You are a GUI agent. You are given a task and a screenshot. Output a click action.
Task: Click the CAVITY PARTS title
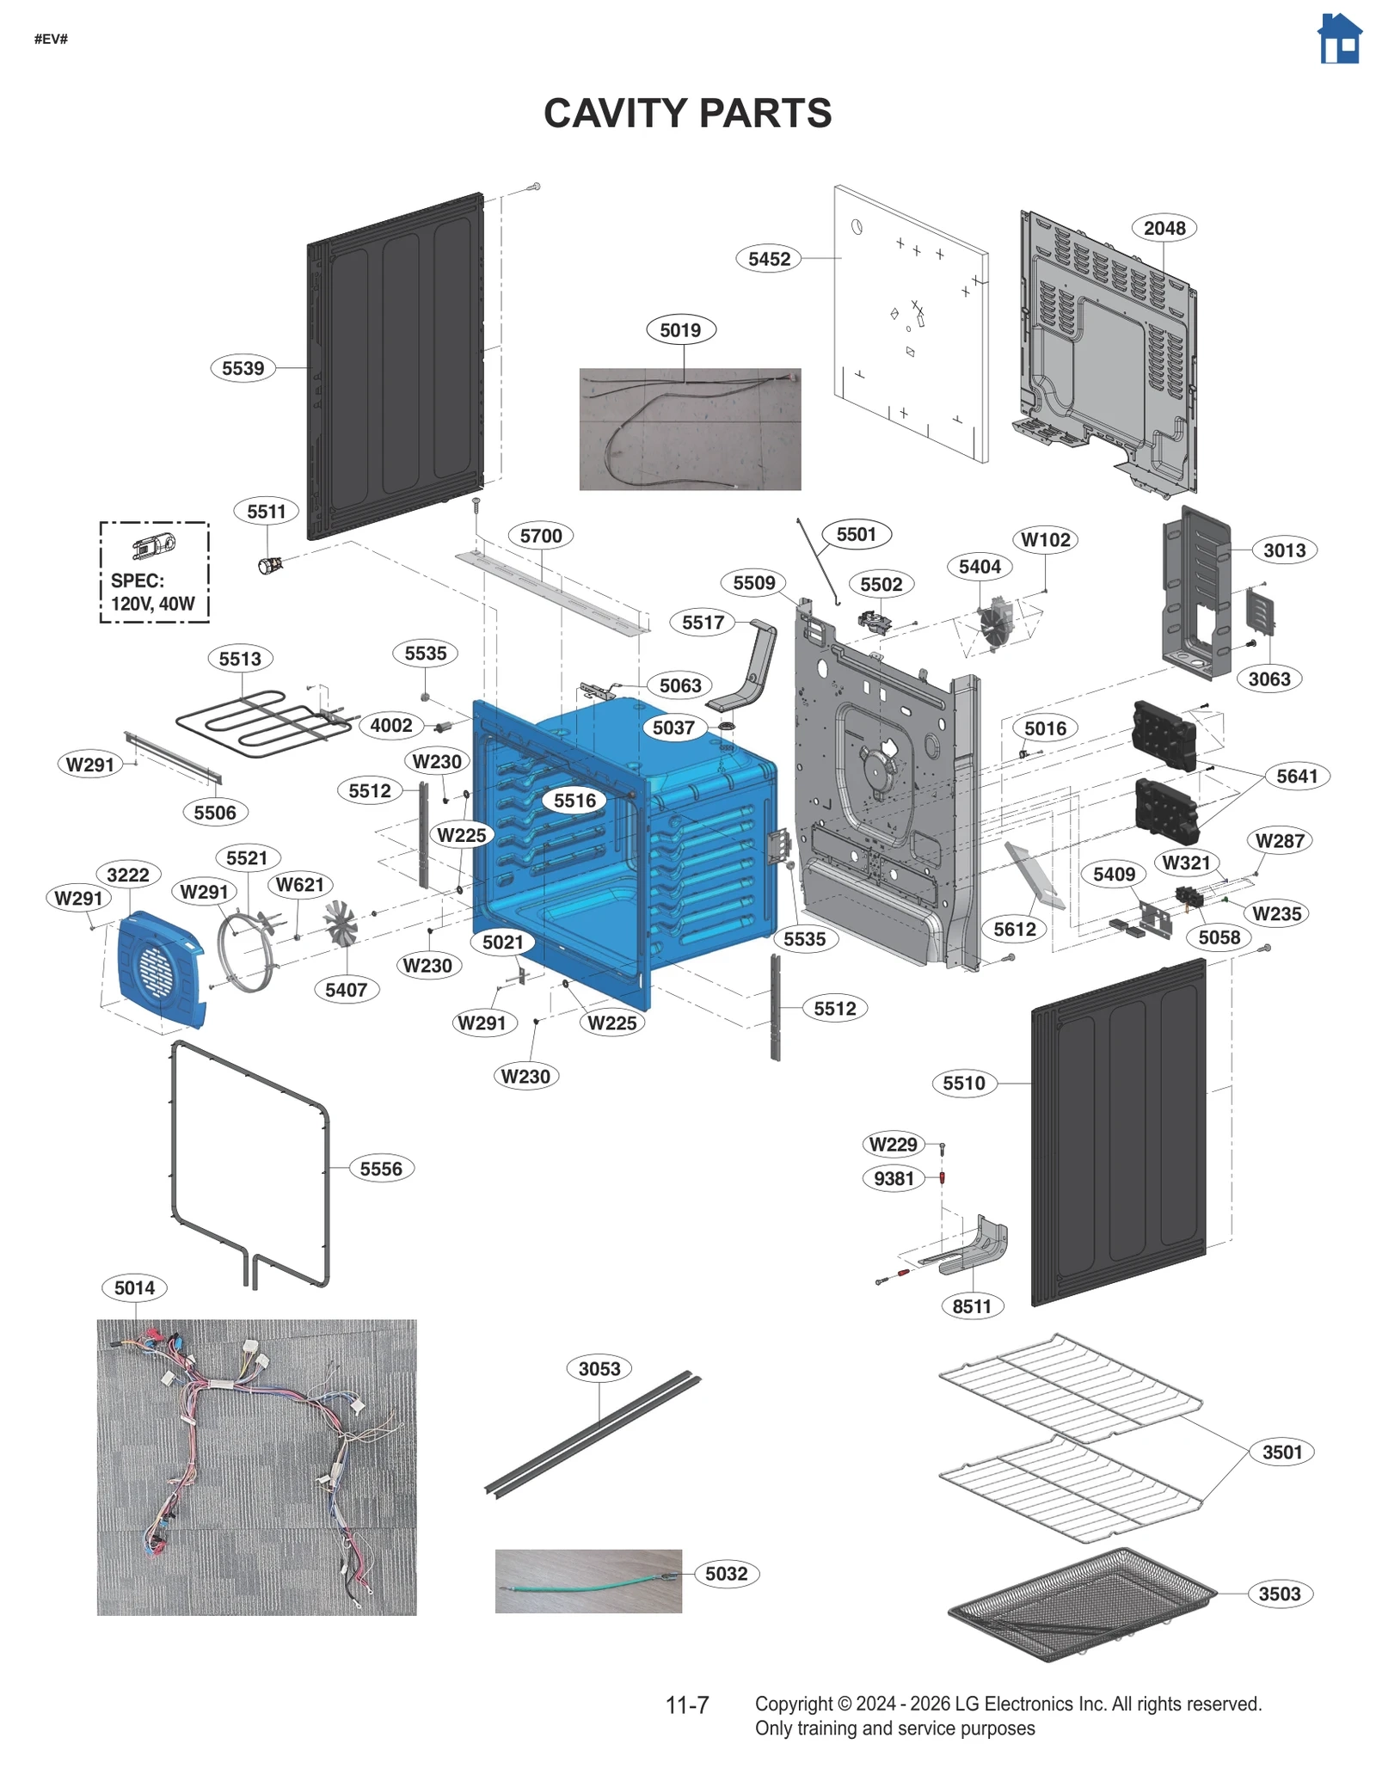(687, 114)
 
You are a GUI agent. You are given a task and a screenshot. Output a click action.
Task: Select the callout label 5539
(243, 368)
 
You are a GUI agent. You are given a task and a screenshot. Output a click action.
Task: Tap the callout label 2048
(1164, 228)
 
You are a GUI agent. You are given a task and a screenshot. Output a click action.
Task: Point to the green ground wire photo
(588, 1581)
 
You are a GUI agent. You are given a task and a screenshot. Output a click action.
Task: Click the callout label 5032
(726, 1574)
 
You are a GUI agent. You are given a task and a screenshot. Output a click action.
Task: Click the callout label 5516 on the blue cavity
(574, 801)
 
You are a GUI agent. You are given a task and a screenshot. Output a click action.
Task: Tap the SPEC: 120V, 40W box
(154, 572)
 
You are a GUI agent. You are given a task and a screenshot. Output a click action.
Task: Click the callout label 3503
(1279, 1594)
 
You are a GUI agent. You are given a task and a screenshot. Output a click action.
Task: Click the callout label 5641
(1296, 776)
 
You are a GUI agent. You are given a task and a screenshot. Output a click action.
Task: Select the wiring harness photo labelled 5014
(256, 1466)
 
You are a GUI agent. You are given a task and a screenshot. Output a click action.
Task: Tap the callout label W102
(1045, 539)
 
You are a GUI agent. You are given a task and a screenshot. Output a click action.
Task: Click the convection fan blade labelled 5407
(340, 924)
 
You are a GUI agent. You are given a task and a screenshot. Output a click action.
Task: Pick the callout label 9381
(894, 1178)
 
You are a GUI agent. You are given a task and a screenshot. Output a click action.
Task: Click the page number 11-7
(686, 1704)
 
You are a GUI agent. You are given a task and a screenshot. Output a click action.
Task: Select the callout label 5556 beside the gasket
(380, 1169)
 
